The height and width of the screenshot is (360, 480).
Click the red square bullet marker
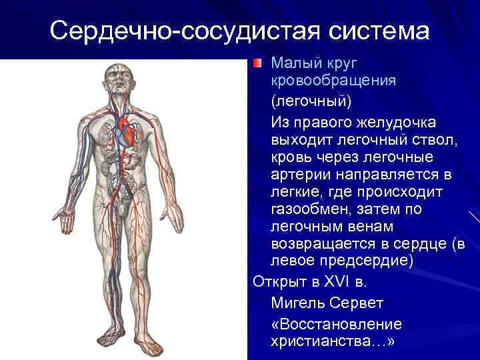[259, 63]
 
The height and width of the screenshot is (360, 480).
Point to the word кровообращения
[333, 80]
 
